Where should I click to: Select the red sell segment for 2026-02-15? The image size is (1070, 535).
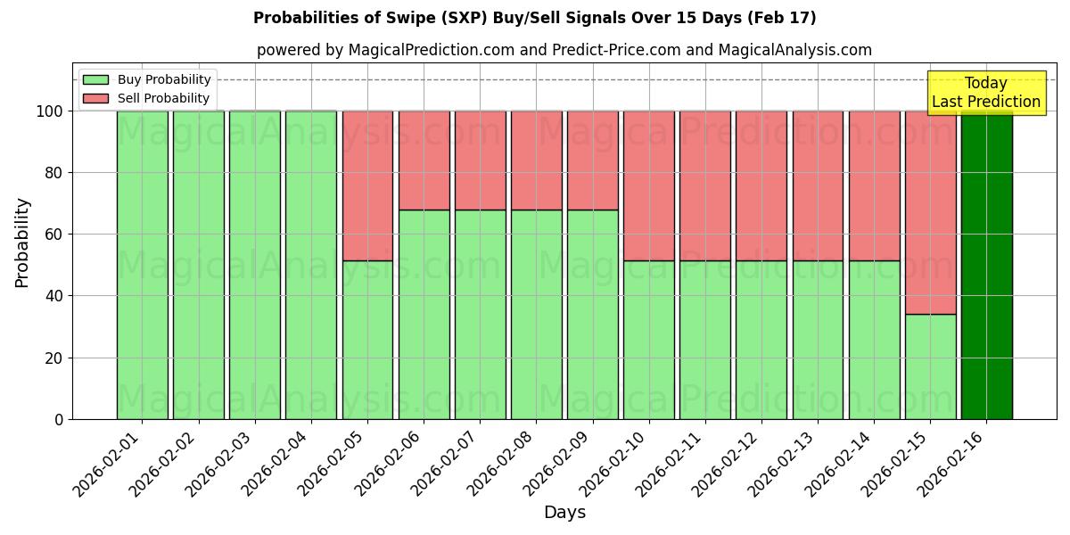(930, 212)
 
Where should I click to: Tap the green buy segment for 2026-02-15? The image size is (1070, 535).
(930, 366)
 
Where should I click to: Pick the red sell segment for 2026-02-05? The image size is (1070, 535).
(367, 185)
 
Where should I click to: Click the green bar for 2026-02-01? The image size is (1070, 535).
(142, 265)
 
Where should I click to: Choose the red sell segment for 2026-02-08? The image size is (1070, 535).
(536, 160)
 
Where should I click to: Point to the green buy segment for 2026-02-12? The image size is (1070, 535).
(761, 340)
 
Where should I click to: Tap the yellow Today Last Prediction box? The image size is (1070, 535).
(985, 93)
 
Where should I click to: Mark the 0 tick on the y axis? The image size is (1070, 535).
(60, 419)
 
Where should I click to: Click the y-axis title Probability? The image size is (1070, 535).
(22, 243)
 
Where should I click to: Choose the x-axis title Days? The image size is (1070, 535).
(564, 513)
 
